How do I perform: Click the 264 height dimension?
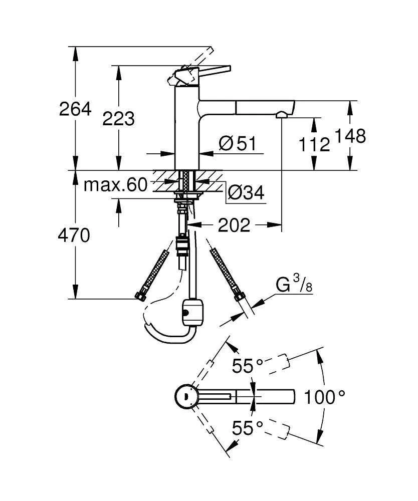[x=75, y=109]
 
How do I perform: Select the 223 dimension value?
[x=118, y=119]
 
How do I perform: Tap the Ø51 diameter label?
[x=237, y=144]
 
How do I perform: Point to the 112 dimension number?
[x=314, y=145]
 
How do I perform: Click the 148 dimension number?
[x=350, y=136]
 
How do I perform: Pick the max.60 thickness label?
[x=115, y=185]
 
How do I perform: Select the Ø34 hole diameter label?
[x=245, y=192]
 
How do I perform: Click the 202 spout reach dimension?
[x=233, y=225]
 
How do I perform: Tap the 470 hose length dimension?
[x=75, y=235]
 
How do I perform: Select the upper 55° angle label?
[x=247, y=367]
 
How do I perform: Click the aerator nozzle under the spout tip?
[x=282, y=115]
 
